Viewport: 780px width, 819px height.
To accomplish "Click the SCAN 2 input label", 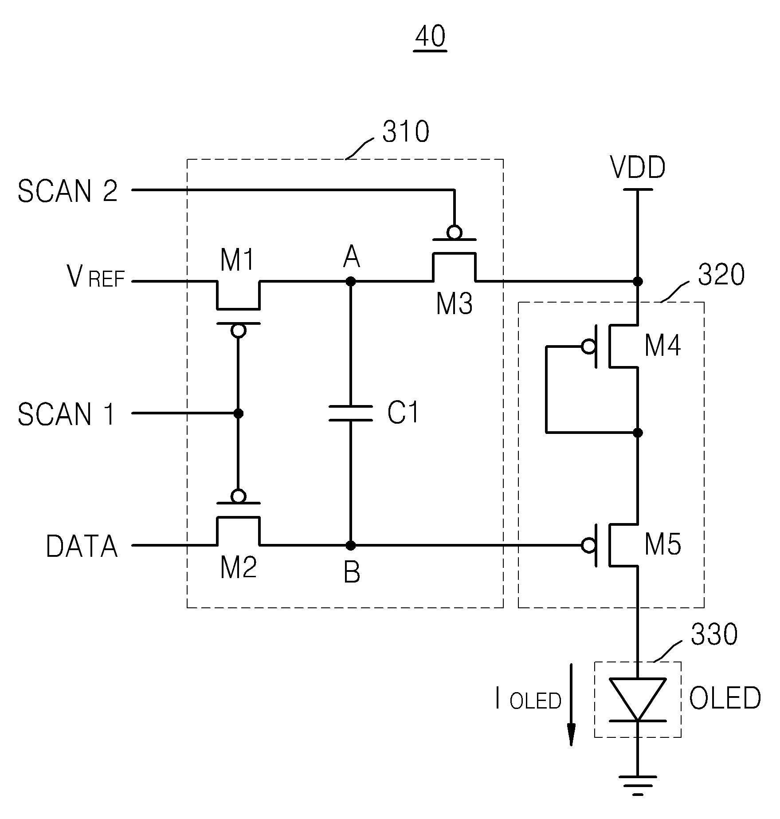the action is click(67, 191).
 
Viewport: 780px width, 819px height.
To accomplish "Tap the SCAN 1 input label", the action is click(67, 414).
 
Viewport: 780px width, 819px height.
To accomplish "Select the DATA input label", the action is click(82, 546).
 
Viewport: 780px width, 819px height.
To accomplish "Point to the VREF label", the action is click(96, 276).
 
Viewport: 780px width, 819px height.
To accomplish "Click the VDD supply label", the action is click(638, 168).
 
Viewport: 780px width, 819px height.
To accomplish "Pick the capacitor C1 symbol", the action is click(350, 413).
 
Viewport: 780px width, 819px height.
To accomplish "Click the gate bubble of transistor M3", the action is click(455, 232).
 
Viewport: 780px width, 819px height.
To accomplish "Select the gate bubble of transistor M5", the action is click(588, 545).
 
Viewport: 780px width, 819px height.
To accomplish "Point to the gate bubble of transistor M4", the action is click(588, 346).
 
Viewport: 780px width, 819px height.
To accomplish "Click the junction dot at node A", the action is click(350, 281).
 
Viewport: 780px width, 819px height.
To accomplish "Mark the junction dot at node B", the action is click(350, 545).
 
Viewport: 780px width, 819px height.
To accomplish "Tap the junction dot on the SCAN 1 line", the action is click(238, 413).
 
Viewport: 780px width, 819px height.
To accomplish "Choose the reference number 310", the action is click(406, 132).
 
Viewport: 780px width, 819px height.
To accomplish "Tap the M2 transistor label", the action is click(239, 567).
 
